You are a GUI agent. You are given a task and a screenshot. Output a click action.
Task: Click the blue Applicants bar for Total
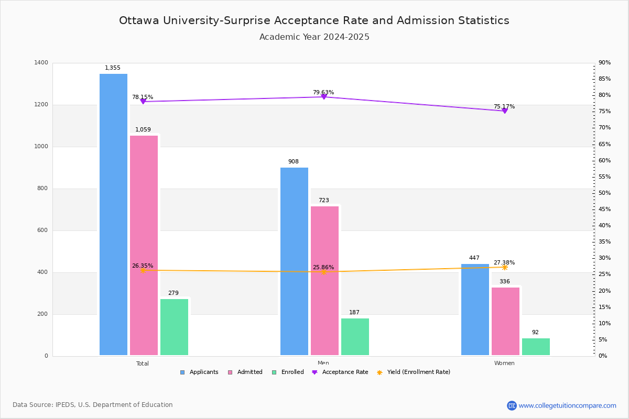pos(113,215)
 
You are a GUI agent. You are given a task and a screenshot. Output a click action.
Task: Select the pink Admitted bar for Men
pos(324,281)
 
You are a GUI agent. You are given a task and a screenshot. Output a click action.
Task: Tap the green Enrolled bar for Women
pos(536,347)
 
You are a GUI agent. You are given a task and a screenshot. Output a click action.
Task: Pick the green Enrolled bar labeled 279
pos(174,327)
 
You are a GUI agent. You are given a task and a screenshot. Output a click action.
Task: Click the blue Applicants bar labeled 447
pos(475,310)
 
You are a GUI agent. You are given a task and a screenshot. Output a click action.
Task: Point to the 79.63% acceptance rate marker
pos(323,97)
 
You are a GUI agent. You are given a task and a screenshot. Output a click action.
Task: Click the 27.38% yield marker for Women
pos(504,268)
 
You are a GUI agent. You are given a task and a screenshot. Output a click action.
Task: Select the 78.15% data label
pos(143,97)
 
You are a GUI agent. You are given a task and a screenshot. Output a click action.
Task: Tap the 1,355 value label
pos(113,68)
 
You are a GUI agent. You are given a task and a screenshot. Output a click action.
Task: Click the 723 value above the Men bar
pos(324,201)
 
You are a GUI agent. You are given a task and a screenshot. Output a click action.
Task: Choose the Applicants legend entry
pos(200,372)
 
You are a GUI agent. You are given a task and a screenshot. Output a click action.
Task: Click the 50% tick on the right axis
pos(604,193)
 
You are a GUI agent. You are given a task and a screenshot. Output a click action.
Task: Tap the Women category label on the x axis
pos(504,363)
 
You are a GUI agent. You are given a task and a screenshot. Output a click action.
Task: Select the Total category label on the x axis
pos(143,363)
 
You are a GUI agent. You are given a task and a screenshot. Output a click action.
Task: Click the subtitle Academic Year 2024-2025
pos(314,37)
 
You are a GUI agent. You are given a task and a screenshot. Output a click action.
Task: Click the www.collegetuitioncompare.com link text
pos(567,405)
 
